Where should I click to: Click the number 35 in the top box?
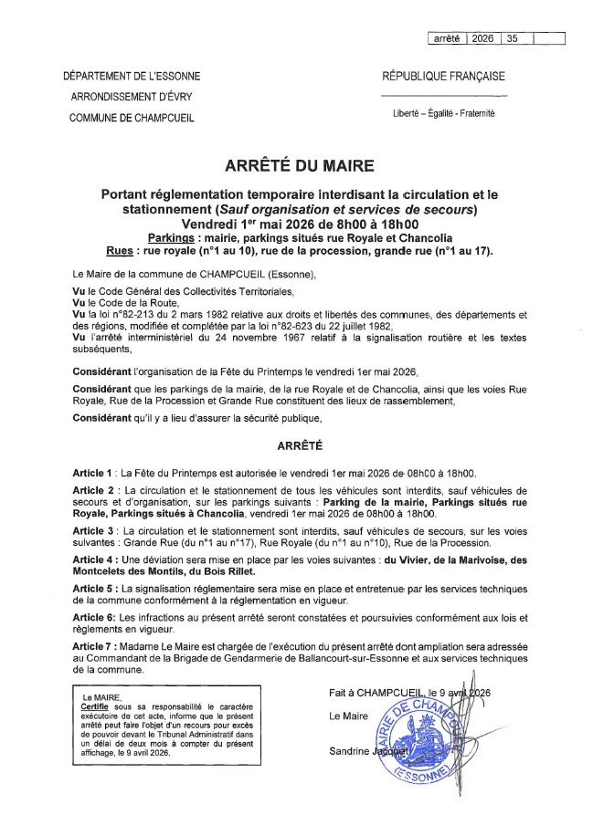coord(512,38)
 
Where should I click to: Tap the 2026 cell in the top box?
coord(483,38)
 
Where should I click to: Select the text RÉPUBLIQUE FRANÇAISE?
coord(443,77)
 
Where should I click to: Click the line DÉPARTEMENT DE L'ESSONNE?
coord(132,77)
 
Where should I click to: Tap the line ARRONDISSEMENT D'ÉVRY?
coord(132,97)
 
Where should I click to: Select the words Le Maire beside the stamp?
coord(348,716)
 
